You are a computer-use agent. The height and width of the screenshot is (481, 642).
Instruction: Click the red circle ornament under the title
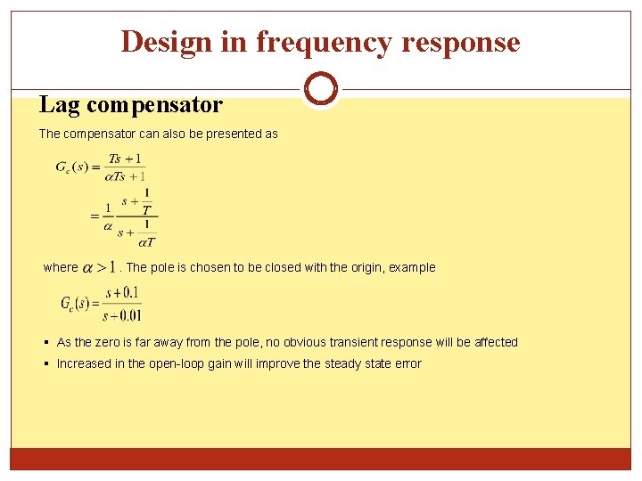[x=320, y=89]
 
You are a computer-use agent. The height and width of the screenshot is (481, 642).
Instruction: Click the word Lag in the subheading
[x=60, y=105]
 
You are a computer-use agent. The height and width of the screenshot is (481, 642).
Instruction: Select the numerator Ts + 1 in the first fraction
[x=125, y=159]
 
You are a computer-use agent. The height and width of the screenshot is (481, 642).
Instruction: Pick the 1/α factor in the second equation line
[x=107, y=217]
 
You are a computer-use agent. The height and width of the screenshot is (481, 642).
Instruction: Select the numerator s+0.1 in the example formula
[x=123, y=293]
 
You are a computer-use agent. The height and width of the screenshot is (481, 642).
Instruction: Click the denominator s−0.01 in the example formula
[x=123, y=314]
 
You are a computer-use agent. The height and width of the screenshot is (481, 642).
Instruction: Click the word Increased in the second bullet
[x=83, y=363]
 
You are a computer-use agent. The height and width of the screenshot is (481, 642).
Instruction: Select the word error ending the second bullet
[x=407, y=363]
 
